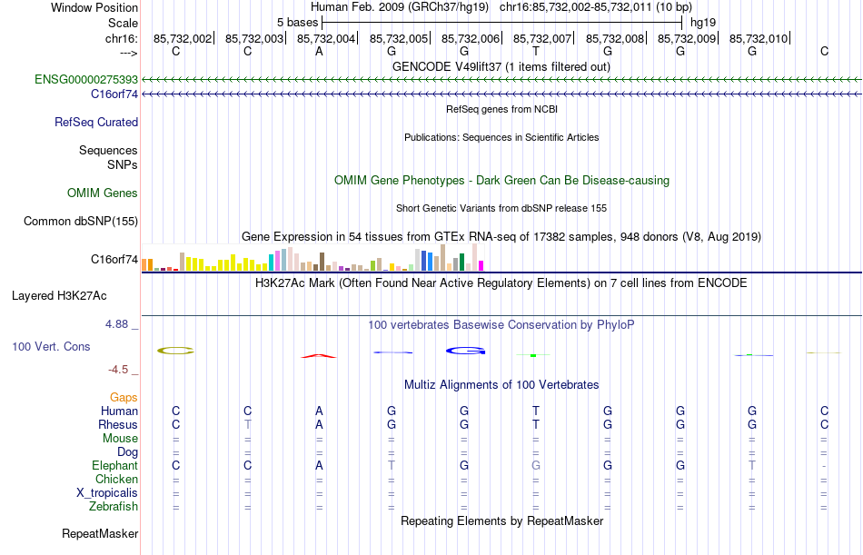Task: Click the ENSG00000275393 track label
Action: (86, 80)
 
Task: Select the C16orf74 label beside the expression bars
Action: (114, 260)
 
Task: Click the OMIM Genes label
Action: (103, 193)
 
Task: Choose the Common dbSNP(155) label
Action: (81, 222)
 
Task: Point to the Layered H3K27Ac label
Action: (59, 296)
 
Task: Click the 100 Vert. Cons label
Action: (52, 347)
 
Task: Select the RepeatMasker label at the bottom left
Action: (100, 534)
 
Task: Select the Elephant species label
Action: (114, 466)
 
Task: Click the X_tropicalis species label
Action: (107, 493)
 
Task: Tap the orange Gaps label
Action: (124, 398)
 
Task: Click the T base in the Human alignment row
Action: (536, 411)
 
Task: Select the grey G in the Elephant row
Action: (536, 466)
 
